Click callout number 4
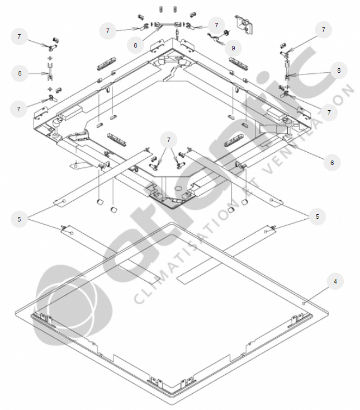(335, 281)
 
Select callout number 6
(332, 163)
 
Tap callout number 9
(233, 48)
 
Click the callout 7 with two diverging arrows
(168, 140)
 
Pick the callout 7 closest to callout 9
(216, 25)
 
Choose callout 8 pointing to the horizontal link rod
(135, 45)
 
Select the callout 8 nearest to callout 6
(339, 70)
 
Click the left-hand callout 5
(19, 219)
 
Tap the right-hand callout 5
(317, 216)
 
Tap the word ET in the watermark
(248, 188)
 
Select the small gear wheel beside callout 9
(226, 33)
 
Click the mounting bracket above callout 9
(244, 25)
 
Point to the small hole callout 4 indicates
(304, 303)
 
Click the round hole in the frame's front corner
(178, 188)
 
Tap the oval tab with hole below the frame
(78, 165)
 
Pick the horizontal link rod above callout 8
(167, 25)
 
